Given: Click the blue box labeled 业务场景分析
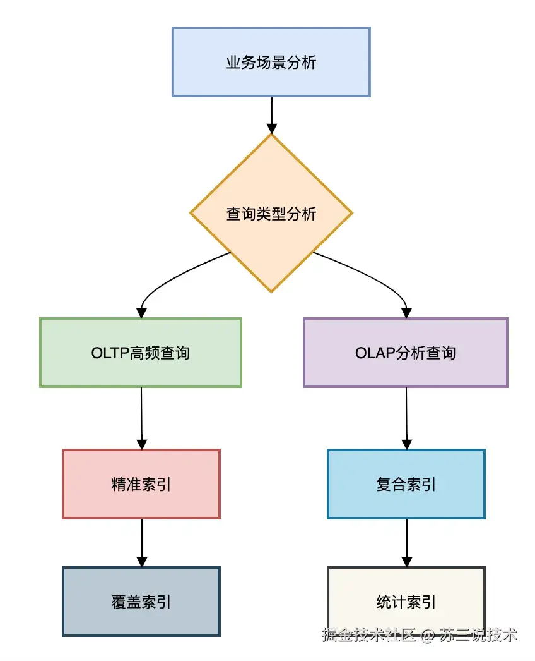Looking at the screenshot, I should pos(271,62).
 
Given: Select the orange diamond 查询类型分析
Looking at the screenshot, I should pos(271,214).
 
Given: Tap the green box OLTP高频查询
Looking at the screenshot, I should pos(140,353).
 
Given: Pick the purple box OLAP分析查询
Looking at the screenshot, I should pos(405,353).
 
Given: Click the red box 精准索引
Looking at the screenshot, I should pos(141,484).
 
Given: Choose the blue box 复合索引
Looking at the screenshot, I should pos(406,484).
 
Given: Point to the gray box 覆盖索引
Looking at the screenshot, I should pos(141,601).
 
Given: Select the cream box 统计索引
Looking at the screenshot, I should pos(406,601).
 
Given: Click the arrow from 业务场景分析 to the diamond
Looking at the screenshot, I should pos(271,114).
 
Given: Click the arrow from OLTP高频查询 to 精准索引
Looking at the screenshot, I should pos(141,417).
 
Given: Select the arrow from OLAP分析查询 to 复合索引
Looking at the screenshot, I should pos(406,417).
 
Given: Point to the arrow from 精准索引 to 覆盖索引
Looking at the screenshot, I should pos(142,542).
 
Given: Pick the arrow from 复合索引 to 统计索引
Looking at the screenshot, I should pos(407,542).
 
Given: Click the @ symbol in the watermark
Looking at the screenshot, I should pos(428,634).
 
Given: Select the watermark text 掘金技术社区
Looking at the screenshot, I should pos(368,634).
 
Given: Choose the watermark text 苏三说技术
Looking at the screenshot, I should pos(479,634).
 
